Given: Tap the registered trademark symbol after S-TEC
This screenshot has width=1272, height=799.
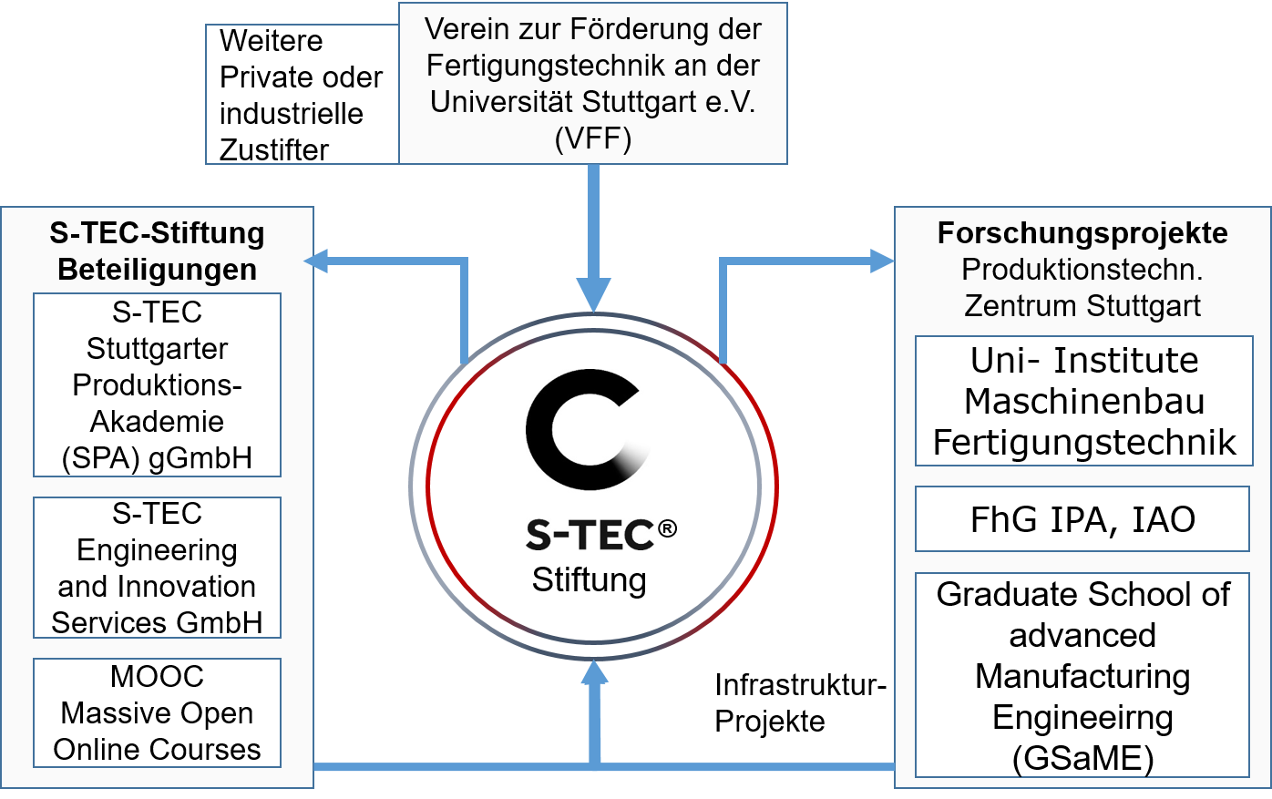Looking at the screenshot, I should [668, 528].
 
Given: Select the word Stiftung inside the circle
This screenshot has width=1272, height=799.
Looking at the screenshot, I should [589, 580].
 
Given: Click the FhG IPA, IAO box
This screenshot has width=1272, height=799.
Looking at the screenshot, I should [1082, 519].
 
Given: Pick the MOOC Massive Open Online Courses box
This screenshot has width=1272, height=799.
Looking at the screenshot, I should [157, 712].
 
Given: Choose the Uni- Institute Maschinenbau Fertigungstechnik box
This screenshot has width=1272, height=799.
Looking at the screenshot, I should [1083, 401].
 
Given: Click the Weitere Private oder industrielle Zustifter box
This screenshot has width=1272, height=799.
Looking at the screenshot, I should [302, 95].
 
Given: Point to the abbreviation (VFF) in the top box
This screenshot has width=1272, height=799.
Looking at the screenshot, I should [592, 138].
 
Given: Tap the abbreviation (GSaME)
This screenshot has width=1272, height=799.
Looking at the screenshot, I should [1082, 758].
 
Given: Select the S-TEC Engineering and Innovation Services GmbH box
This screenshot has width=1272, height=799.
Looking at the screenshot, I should [157, 568].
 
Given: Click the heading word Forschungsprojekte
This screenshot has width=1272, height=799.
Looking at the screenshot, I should [1082, 233].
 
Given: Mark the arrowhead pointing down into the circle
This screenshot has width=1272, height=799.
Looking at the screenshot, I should [594, 297].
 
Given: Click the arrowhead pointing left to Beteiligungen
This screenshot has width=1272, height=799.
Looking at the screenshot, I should [316, 261].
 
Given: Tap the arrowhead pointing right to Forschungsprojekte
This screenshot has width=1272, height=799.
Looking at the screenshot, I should [882, 261].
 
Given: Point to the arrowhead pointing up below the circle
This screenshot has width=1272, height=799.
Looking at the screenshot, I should [595, 672].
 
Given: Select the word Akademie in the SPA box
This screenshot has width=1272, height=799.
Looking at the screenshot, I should [157, 421].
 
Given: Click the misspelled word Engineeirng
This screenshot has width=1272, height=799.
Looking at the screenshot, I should [1082, 717].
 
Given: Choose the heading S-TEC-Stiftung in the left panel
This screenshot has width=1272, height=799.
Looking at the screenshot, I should [157, 233].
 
